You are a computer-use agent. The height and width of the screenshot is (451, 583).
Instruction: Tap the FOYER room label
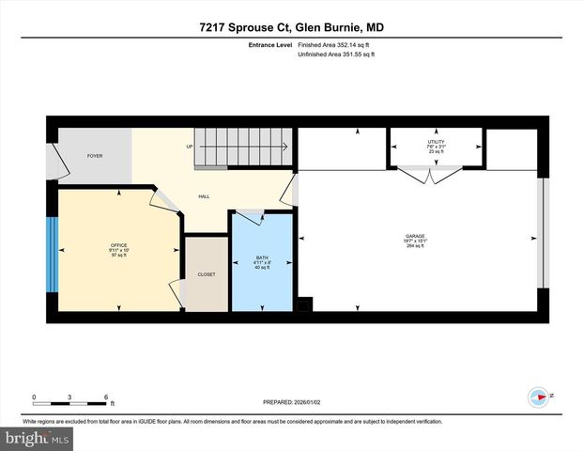click(x=95, y=155)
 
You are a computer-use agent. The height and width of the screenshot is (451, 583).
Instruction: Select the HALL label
click(x=203, y=196)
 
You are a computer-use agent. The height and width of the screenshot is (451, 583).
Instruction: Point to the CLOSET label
click(x=206, y=274)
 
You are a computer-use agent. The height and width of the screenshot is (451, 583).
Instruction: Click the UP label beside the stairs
click(x=190, y=147)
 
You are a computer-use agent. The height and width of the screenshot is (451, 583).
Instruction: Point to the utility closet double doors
click(x=429, y=173)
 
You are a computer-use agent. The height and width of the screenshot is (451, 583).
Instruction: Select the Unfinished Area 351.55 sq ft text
click(x=335, y=55)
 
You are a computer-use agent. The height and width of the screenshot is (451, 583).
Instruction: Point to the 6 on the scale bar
click(x=107, y=397)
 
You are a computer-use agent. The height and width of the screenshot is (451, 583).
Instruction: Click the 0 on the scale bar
click(x=34, y=397)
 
